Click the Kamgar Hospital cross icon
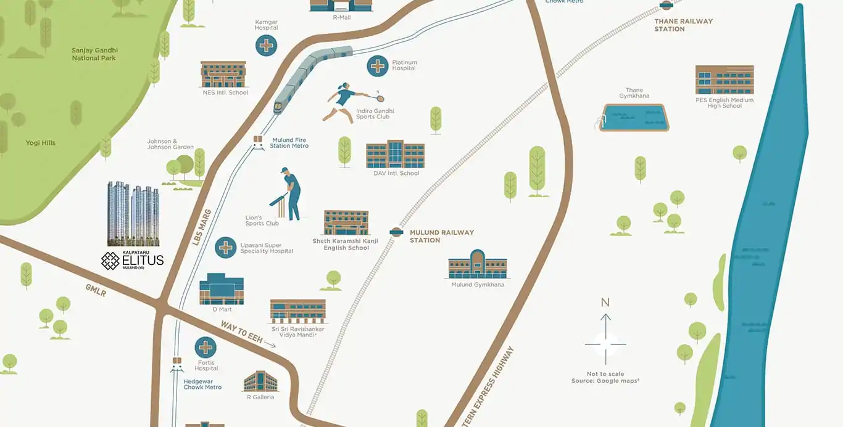[267, 46]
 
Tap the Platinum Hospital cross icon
[378, 66]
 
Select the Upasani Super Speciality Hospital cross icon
[226, 248]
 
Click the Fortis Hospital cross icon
[206, 348]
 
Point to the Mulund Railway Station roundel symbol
[396, 232]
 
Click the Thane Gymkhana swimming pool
[634, 116]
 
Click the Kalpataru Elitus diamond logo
[110, 261]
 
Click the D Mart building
[222, 289]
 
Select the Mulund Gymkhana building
[477, 265]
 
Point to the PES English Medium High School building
[725, 80]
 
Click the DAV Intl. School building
[395, 155]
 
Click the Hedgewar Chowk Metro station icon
[177, 364]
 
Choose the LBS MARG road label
[202, 227]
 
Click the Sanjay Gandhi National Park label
[94, 54]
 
